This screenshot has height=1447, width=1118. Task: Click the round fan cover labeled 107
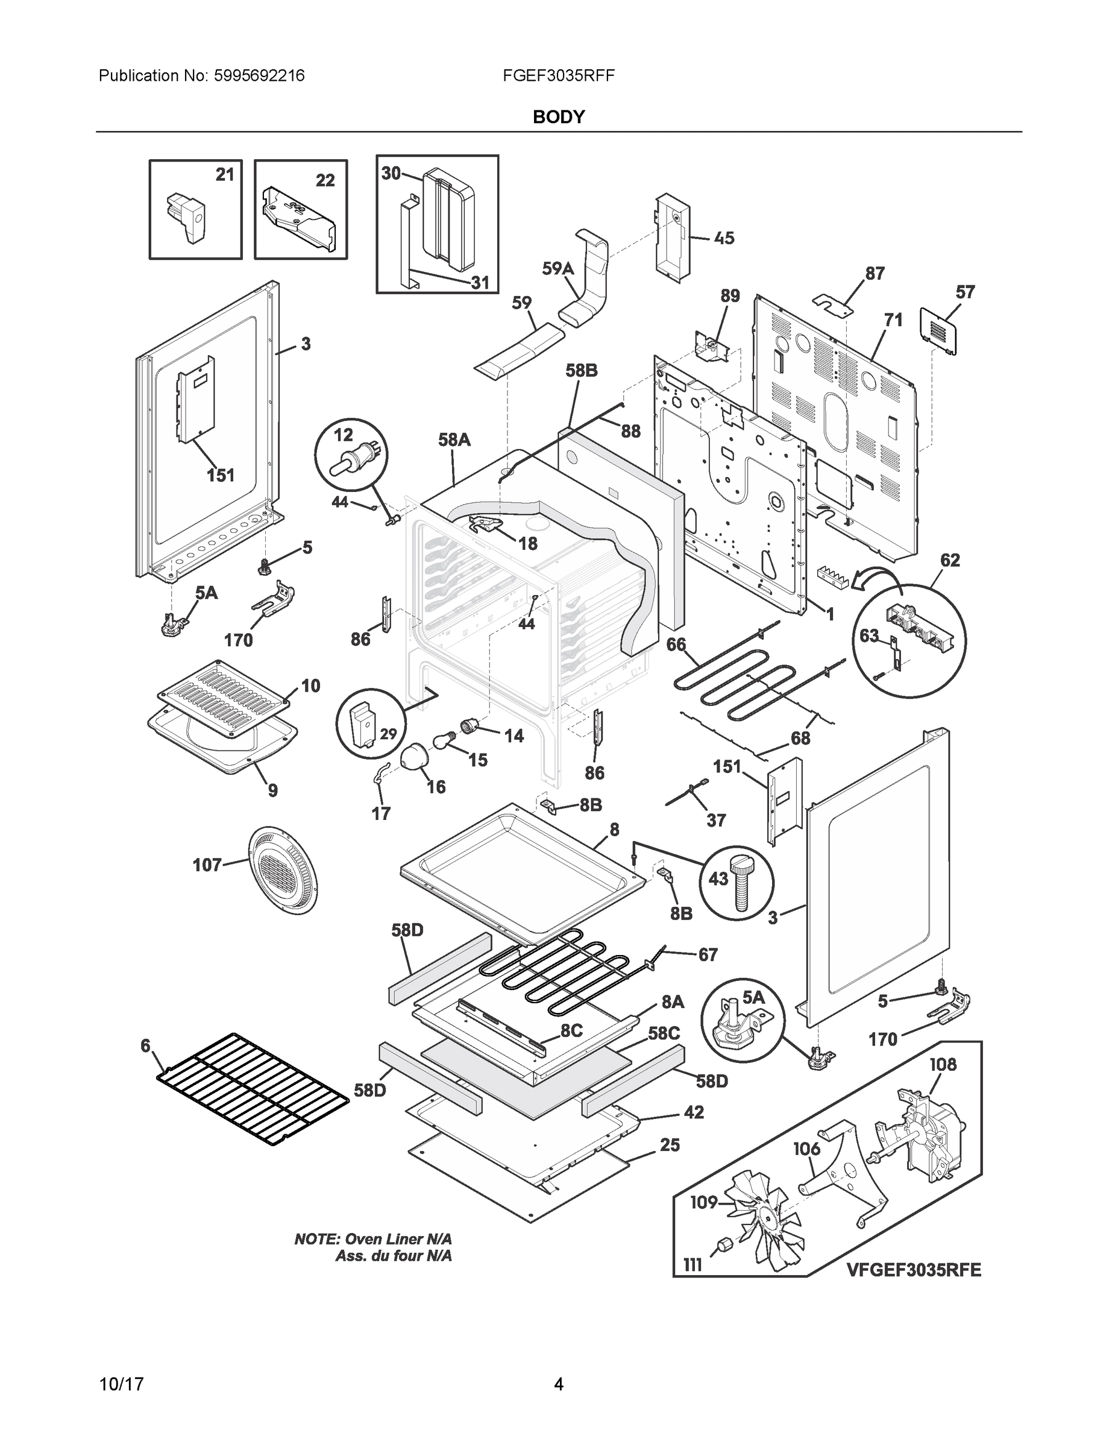pyautogui.click(x=282, y=869)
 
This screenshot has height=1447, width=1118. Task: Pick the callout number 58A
pyautogui.click(x=454, y=440)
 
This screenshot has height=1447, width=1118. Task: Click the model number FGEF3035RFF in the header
pyautogui.click(x=558, y=75)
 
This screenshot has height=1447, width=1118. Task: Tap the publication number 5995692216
pyautogui.click(x=259, y=75)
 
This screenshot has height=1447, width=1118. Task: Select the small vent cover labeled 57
pyautogui.click(x=938, y=331)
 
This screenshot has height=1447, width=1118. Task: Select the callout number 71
pyautogui.click(x=893, y=320)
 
